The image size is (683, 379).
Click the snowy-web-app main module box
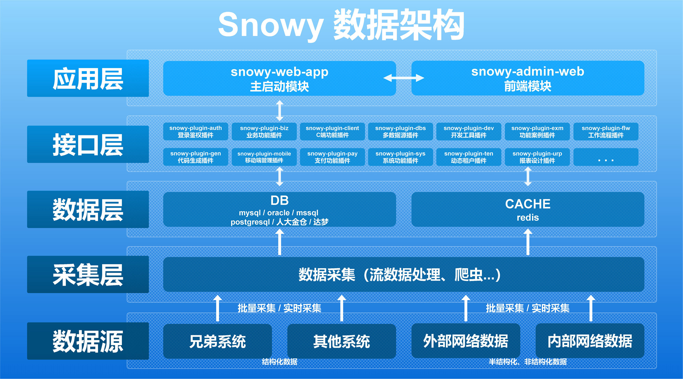(x=279, y=78)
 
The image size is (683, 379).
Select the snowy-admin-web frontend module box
(x=528, y=78)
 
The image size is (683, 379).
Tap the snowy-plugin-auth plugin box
(x=196, y=132)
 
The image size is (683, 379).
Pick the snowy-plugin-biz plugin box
(x=264, y=132)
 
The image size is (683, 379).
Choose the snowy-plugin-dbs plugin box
(x=400, y=132)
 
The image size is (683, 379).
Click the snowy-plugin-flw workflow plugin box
(x=605, y=132)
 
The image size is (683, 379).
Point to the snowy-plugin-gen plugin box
(x=196, y=157)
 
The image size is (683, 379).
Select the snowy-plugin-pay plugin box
(x=332, y=157)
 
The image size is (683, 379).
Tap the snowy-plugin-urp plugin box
(x=537, y=157)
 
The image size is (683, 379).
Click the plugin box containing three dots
(x=605, y=157)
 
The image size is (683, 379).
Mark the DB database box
(x=279, y=209)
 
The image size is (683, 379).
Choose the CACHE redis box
(x=528, y=209)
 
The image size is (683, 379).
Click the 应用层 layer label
(x=88, y=78)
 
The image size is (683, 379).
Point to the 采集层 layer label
(x=88, y=274)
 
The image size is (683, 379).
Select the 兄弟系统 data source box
(x=218, y=341)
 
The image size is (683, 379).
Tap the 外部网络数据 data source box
(x=465, y=341)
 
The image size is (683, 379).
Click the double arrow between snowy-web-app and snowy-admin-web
(x=404, y=78)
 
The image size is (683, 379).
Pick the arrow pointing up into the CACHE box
(x=528, y=242)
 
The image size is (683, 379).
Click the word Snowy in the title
(x=270, y=25)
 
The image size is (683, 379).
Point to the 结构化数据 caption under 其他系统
(x=279, y=362)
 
